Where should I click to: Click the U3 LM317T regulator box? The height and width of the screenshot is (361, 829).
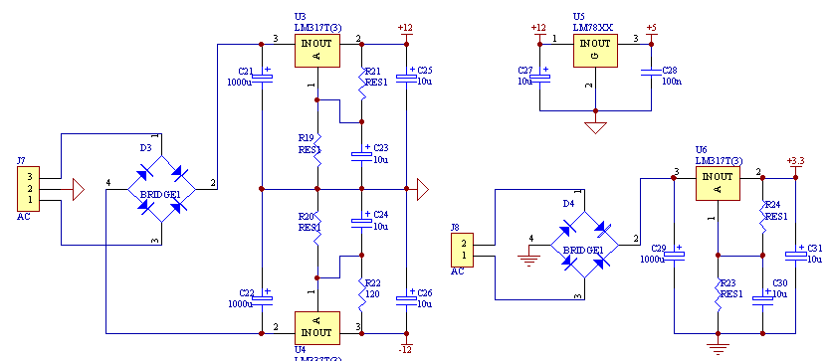316,50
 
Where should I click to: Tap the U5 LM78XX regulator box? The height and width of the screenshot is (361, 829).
595,50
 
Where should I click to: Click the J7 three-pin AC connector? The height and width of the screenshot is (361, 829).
25,187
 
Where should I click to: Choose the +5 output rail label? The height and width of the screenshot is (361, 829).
651,27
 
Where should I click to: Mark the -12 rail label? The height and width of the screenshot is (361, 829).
405,349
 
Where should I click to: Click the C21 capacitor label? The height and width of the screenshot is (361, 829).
247,71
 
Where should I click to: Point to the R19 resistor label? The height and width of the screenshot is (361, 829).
307,138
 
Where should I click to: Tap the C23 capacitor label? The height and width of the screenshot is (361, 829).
381,148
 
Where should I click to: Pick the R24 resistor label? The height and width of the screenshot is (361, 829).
775,205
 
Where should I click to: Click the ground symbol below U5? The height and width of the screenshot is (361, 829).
595,126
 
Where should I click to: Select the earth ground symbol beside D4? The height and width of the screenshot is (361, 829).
528,260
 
